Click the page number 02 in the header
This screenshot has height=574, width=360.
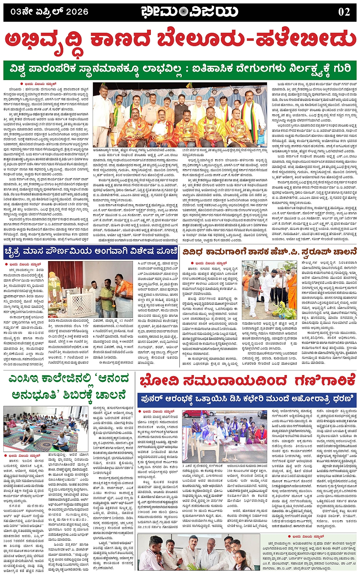344,12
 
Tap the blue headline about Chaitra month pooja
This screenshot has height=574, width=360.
90,252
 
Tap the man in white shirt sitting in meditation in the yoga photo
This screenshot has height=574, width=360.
61,440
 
